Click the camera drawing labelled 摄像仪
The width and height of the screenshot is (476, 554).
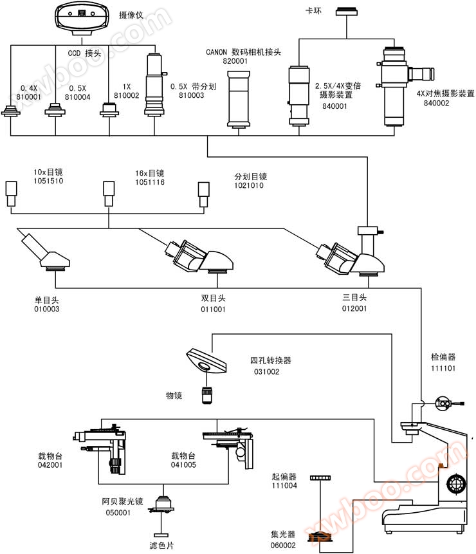82,18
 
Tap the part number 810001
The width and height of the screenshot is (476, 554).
28,97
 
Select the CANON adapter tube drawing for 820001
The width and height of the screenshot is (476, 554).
239,99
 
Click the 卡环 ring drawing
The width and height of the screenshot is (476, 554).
347,12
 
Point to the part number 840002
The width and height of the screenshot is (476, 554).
437,103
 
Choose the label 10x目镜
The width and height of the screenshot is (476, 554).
48,172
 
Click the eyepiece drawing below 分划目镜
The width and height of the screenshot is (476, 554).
204,194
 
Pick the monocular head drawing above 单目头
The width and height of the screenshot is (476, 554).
46,252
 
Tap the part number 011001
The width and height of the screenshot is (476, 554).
213,309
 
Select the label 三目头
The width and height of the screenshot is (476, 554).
354,297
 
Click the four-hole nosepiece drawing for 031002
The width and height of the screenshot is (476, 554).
206,360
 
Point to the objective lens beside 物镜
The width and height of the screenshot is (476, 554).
207,395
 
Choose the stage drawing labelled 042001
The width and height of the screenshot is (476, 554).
100,450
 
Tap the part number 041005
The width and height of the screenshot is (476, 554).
183,465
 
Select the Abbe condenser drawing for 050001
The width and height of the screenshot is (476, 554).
161,505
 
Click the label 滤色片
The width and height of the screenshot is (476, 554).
161,546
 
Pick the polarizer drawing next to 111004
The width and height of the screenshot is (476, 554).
320,477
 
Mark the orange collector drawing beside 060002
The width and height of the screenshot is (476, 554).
320,537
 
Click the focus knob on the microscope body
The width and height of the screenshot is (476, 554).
456,483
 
